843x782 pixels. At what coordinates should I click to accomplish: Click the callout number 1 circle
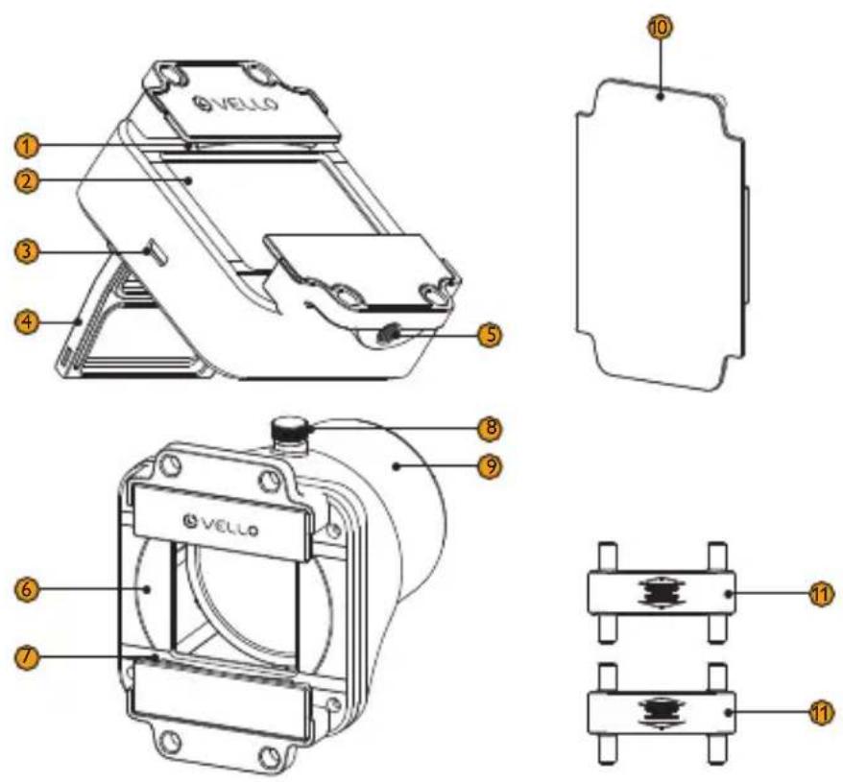(x=27, y=146)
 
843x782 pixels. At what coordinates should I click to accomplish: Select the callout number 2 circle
(x=27, y=180)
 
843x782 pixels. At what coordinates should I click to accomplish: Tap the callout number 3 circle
(x=27, y=251)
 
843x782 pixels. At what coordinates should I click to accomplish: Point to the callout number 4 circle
(x=27, y=322)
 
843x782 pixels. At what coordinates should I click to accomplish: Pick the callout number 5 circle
(x=490, y=334)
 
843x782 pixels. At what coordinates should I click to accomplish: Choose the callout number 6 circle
(x=27, y=589)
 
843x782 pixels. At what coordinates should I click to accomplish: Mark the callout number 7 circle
(x=27, y=656)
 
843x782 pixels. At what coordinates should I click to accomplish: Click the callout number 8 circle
(x=490, y=429)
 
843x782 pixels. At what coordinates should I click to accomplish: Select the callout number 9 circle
(x=490, y=466)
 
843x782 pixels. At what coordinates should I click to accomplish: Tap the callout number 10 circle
(x=661, y=28)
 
